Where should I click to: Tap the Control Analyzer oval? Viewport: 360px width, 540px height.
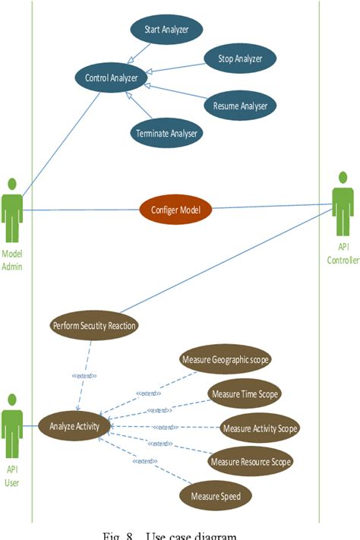112,76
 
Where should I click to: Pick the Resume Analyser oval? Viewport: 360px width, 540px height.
240,105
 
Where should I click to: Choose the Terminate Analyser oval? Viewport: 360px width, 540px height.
166,134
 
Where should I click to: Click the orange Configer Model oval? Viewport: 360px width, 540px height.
175,210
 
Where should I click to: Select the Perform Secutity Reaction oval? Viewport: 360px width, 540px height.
94,326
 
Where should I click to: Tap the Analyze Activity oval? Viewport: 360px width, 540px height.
74,426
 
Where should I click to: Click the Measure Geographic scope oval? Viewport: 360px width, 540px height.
226,358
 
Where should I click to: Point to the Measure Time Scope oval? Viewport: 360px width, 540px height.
245,393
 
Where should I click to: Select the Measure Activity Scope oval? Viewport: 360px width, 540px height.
259,428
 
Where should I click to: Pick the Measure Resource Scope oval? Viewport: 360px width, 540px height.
250,461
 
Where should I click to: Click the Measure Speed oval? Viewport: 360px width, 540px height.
216,496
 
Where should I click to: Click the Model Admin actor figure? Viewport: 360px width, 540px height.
12,209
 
